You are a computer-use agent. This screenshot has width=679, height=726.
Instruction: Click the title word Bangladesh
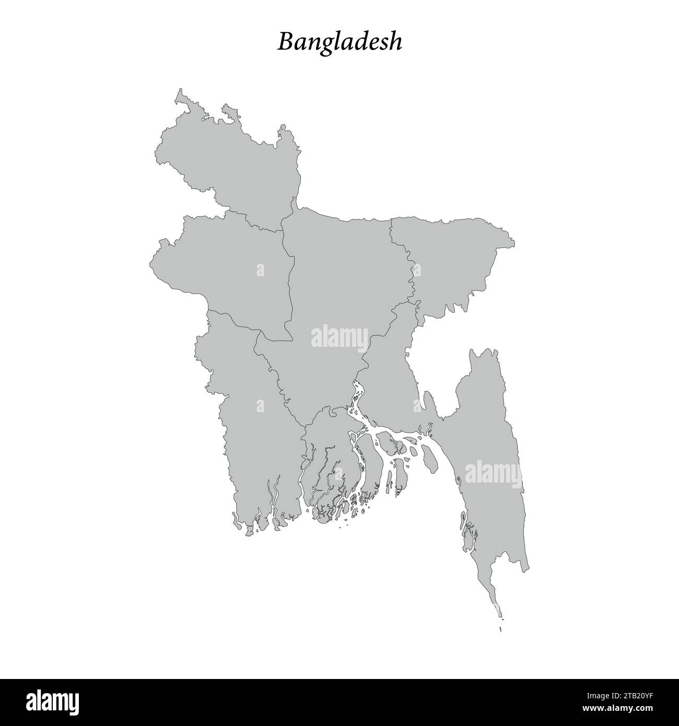pyautogui.click(x=340, y=42)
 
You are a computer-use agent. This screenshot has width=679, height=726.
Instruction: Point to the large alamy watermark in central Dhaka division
pyautogui.click(x=340, y=337)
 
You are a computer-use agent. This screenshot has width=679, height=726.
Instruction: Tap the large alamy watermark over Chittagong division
pyautogui.click(x=493, y=472)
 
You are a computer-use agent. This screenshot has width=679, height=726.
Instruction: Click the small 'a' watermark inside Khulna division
pyautogui.click(x=260, y=405)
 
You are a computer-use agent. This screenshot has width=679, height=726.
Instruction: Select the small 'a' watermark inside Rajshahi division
pyautogui.click(x=260, y=270)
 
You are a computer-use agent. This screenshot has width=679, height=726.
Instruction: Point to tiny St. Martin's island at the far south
pyautogui.click(x=500, y=629)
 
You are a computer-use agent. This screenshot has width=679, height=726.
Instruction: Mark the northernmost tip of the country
pyautogui.click(x=181, y=90)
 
